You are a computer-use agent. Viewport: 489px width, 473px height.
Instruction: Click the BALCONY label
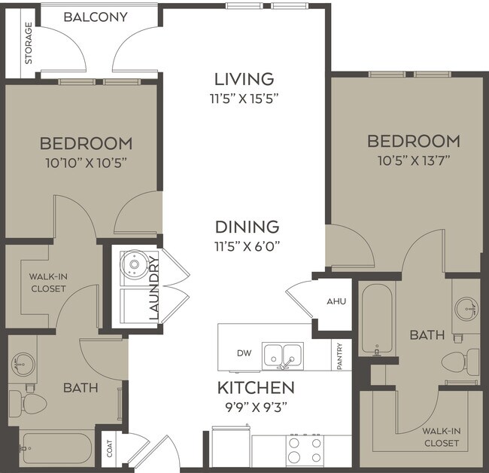tap(95, 17)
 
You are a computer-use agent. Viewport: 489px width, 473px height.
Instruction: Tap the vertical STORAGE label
tap(29, 42)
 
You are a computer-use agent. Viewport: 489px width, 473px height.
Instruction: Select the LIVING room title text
tap(244, 79)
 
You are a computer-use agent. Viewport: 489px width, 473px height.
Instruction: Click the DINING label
tap(247, 226)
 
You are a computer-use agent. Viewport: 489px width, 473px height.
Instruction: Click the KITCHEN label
tap(255, 389)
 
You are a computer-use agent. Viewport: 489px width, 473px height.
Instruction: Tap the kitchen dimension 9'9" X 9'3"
tap(255, 408)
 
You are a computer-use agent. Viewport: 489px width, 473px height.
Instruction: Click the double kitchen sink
tap(282, 353)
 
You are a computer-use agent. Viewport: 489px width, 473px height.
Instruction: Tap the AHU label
tap(336, 301)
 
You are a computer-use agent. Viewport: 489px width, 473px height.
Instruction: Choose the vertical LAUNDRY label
tap(155, 288)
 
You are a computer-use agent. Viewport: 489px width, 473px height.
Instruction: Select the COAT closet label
tap(111, 450)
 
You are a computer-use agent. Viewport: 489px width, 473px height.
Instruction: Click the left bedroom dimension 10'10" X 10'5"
tap(86, 161)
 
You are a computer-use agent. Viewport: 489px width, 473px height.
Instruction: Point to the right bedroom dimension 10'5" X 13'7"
tap(413, 160)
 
